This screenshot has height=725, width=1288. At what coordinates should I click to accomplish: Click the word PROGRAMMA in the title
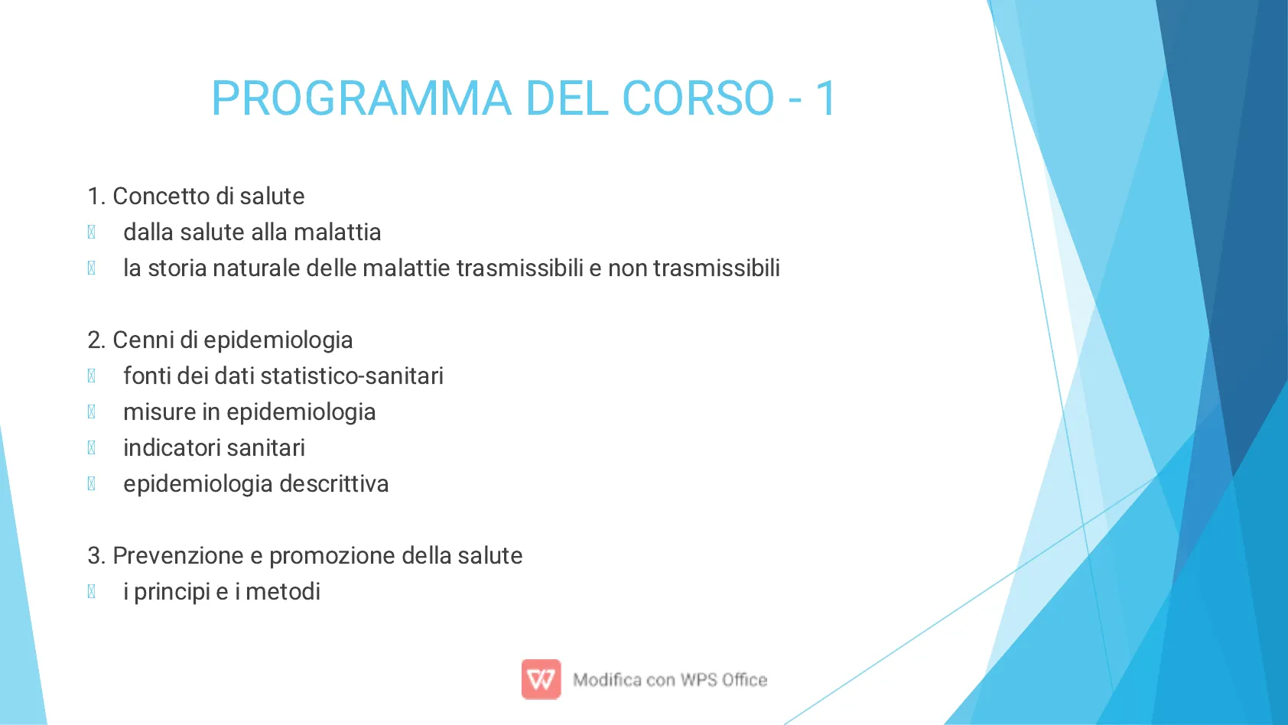coord(361,99)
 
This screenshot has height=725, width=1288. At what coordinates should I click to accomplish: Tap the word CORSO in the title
coord(698,99)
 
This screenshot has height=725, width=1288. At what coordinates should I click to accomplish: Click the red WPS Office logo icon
coord(541,679)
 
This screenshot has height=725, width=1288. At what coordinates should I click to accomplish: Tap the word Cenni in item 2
coord(143,340)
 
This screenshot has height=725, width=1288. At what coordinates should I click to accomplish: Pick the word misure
coord(160,411)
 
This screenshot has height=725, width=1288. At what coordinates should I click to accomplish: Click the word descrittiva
coord(334,483)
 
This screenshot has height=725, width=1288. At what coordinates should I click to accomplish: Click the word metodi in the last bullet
coord(283,592)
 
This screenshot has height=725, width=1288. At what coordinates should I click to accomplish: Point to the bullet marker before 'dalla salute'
coord(92,232)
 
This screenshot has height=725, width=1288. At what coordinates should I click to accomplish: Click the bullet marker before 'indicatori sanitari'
coord(92,448)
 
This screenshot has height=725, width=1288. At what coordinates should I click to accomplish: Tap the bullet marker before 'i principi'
coord(92,592)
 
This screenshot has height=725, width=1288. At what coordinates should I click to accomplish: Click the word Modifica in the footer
coord(607,680)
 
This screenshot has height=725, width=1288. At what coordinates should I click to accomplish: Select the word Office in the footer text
coord(745,680)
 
